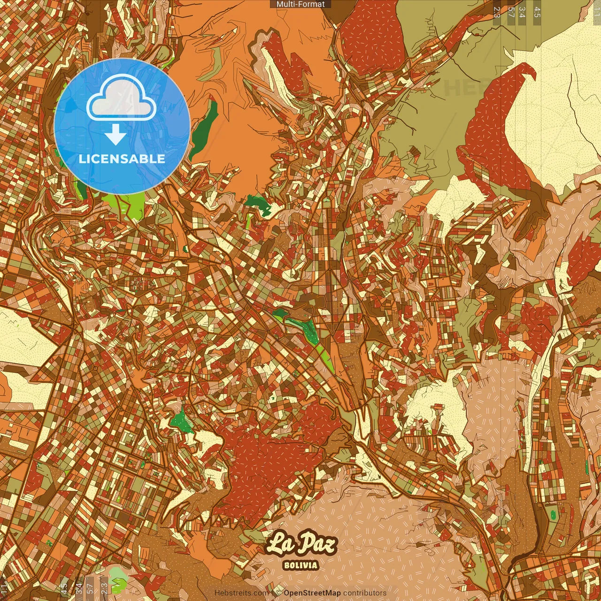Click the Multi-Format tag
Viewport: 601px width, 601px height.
300,4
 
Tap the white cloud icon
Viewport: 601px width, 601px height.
121,99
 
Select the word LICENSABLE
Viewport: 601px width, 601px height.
122,159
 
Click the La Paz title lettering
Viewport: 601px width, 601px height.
301,544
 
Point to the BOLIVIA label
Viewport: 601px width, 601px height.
301,565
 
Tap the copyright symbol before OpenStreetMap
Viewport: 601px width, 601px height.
278,593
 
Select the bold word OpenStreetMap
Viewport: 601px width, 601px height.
312,593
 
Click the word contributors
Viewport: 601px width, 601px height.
365,593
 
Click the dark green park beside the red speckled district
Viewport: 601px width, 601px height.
181,420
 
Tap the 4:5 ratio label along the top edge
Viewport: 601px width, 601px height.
537,12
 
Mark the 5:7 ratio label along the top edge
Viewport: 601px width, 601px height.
511,12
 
